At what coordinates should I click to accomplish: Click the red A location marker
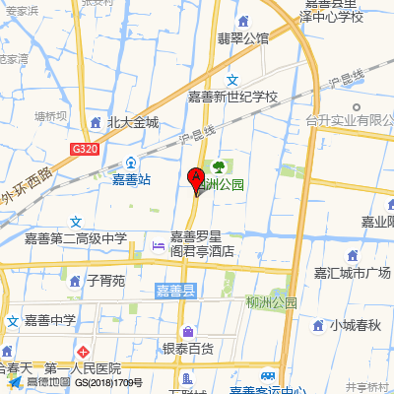(196, 180)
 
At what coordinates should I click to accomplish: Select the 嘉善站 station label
(130, 179)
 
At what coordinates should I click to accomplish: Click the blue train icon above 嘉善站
(131, 162)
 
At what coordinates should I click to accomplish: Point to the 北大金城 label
(132, 123)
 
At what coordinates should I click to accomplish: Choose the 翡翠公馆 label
(243, 38)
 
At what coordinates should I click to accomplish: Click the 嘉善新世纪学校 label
(233, 98)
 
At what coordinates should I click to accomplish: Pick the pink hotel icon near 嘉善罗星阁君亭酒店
(158, 244)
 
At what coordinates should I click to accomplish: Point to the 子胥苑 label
(105, 281)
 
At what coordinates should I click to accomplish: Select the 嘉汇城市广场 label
(352, 272)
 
